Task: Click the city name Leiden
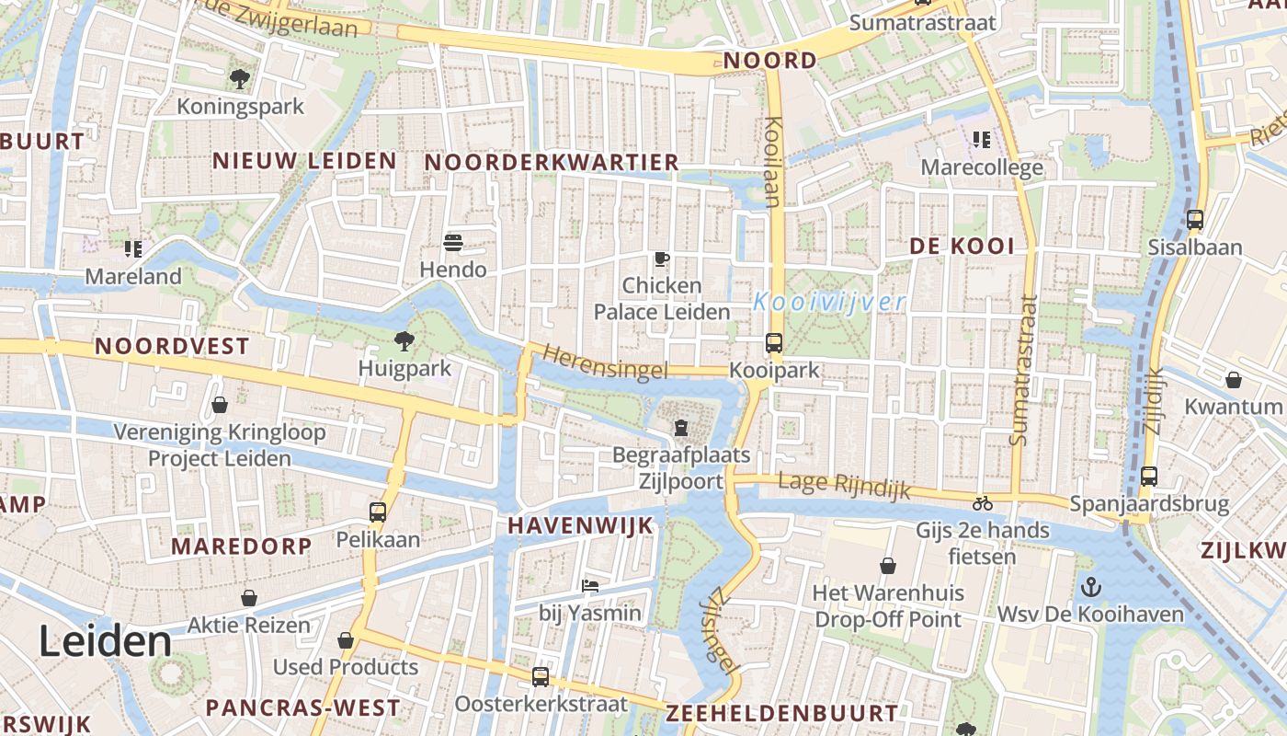[x=105, y=641]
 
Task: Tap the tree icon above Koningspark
[x=240, y=79]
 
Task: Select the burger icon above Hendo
[x=452, y=243]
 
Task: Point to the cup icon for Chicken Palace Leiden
[x=662, y=259]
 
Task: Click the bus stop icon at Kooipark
[x=774, y=343]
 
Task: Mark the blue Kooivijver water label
[x=829, y=302]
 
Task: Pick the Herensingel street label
[x=605, y=362]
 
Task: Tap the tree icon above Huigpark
[x=404, y=341]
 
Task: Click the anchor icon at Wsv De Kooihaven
[x=1090, y=586]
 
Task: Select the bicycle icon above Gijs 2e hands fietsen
[x=982, y=503]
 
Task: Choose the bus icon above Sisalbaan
[x=1195, y=220]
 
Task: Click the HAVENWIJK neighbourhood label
[x=580, y=525]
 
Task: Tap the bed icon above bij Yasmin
[x=590, y=585]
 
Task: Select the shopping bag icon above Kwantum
[x=1233, y=380]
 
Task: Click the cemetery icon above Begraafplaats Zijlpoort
[x=680, y=428]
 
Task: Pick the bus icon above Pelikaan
[x=378, y=512]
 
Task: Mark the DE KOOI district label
[x=962, y=246]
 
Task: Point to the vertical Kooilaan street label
[x=772, y=161]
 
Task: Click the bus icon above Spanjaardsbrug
[x=1149, y=476]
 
